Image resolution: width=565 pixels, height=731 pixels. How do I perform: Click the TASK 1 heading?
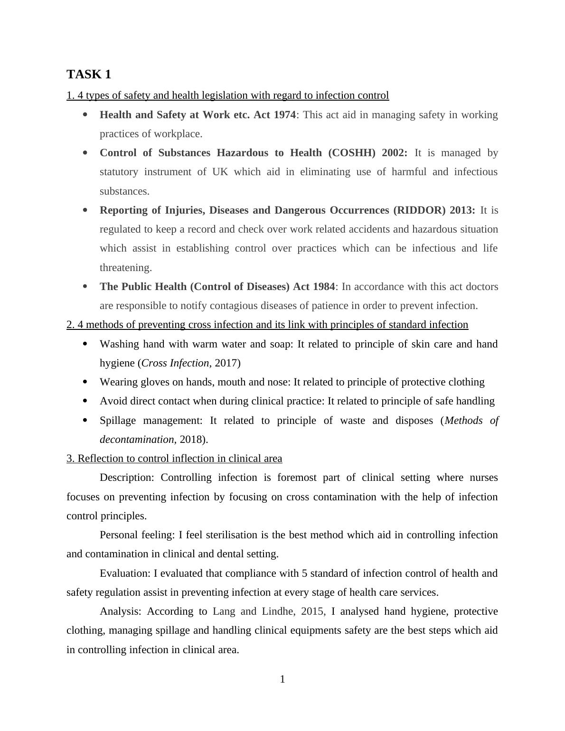89,75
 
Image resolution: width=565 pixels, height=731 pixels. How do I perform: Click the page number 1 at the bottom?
282,679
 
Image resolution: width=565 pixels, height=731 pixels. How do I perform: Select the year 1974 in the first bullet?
284,115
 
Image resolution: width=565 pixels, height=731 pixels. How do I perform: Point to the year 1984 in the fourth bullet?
323,287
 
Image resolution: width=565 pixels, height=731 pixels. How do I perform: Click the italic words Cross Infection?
175,363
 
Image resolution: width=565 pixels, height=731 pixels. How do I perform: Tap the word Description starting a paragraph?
127,478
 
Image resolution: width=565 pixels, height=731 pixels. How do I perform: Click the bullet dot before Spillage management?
85,421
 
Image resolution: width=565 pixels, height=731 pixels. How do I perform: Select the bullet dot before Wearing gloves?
85,382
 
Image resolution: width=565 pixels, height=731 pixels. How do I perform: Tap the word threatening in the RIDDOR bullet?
125,268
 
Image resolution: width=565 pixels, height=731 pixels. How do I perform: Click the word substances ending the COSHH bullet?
124,191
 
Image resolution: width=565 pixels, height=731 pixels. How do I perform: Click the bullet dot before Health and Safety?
85,115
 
